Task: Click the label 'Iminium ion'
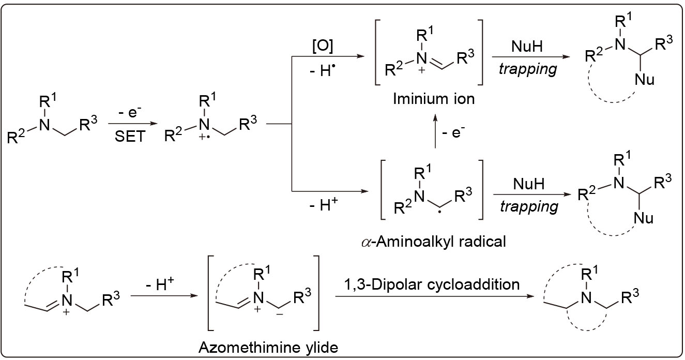(x=433, y=98)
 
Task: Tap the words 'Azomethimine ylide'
(x=268, y=347)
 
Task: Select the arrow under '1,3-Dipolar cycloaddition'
(x=434, y=297)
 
